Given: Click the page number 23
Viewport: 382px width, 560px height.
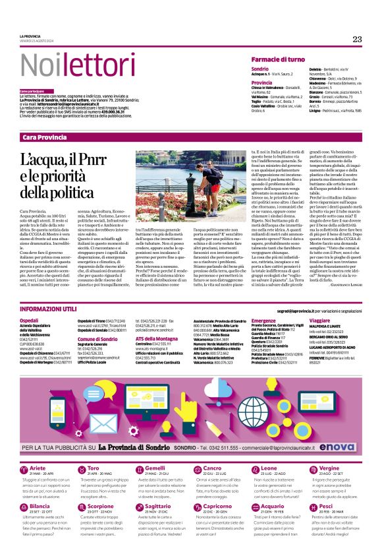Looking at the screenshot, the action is tap(357, 39).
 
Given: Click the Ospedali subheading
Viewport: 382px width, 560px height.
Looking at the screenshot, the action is tap(30, 321).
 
